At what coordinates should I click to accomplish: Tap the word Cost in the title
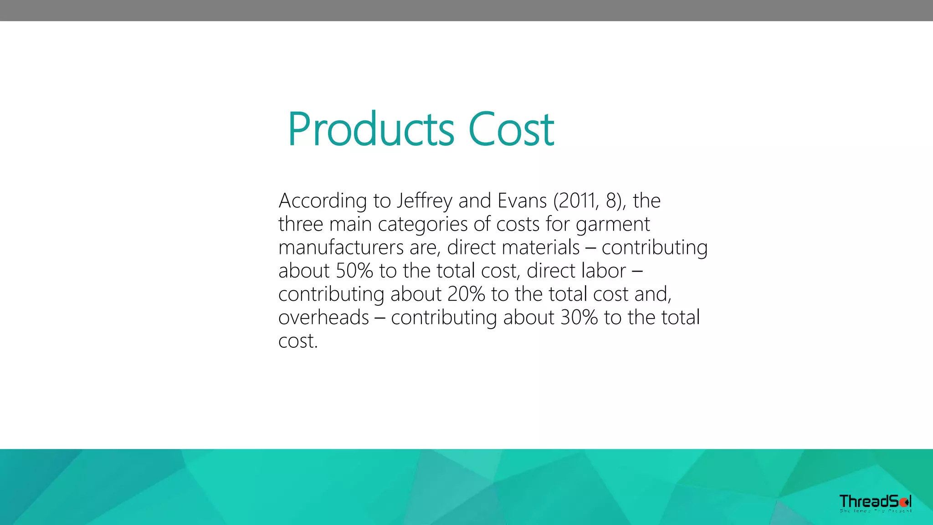[x=511, y=129]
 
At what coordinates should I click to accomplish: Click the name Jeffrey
[x=424, y=201]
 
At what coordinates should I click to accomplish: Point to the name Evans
[x=522, y=201]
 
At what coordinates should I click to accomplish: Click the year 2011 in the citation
[x=578, y=201]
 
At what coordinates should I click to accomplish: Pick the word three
[x=301, y=224]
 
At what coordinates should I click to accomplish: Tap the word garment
[x=613, y=224]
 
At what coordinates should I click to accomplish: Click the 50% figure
[x=354, y=271]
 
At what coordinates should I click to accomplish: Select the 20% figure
[x=466, y=294]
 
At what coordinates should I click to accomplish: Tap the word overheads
[x=323, y=318]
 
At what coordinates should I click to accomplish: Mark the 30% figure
[x=579, y=318]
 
